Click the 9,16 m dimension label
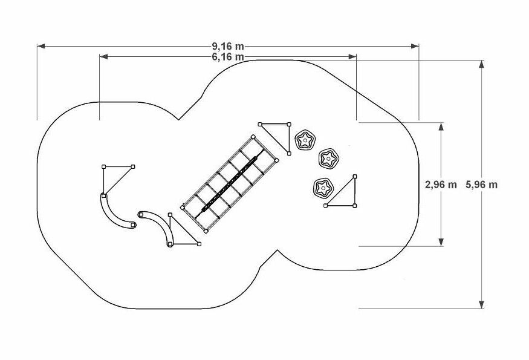click(228, 46)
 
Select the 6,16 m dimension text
click(228, 57)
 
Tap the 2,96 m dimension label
click(441, 185)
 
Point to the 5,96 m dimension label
click(481, 185)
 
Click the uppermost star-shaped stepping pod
click(305, 140)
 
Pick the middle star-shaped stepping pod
click(328, 158)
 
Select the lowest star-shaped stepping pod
click(323, 188)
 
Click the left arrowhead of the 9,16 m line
click(41, 46)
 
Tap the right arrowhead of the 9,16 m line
click(415, 46)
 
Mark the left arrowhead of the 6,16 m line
click(103, 57)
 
